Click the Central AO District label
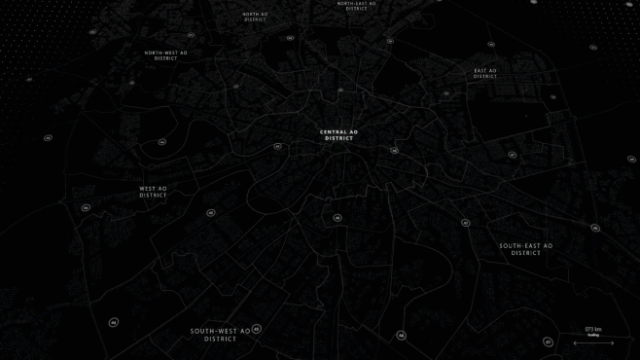click(339, 135)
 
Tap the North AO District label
click(256, 17)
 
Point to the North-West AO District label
click(166, 55)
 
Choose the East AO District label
click(485, 73)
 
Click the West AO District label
click(154, 192)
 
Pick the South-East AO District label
click(526, 249)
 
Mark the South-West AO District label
click(221, 335)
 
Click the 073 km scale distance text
click(593, 329)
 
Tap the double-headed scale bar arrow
click(593, 342)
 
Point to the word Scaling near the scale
click(593, 335)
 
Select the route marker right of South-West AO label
click(258, 329)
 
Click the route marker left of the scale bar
click(548, 342)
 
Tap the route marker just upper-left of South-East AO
click(466, 223)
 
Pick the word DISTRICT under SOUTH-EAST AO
click(526, 253)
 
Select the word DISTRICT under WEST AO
click(154, 196)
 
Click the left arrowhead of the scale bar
click(576, 342)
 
